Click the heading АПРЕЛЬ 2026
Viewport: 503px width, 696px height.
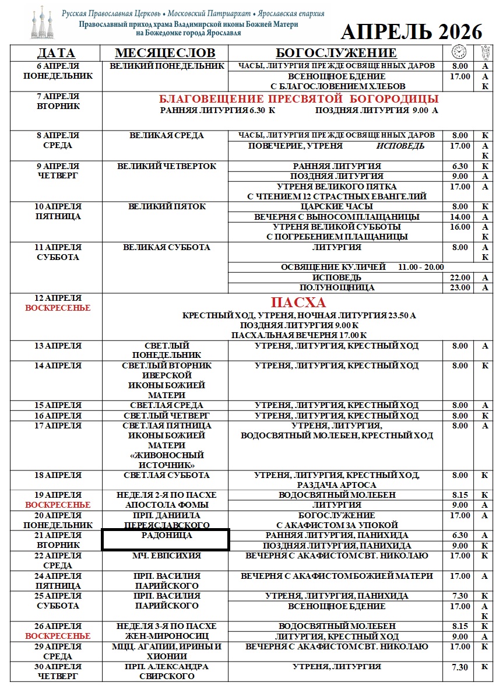coord(411,31)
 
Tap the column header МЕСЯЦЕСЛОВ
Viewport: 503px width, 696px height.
coord(165,53)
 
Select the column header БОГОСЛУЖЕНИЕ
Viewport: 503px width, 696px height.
coord(336,53)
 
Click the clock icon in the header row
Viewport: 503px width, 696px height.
coord(459,52)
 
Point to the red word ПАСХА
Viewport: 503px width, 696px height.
coord(298,303)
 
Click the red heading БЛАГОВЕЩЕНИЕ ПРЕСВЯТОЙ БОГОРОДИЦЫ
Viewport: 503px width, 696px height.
coord(298,99)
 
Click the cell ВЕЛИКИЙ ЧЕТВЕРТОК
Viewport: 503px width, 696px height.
coord(166,166)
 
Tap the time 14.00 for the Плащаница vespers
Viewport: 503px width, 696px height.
coord(460,217)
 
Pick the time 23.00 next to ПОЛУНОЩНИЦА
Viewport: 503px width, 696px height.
coord(460,287)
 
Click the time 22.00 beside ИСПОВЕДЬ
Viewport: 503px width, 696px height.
coord(460,277)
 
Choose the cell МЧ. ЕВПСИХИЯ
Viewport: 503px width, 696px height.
coord(166,556)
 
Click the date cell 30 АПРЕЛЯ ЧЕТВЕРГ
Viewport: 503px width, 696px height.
coord(58,672)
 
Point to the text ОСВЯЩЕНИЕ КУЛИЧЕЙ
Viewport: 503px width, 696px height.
coord(333,267)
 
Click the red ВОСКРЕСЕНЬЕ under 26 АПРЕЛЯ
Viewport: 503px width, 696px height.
coord(58,636)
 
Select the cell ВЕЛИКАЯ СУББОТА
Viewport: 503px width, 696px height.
coord(166,247)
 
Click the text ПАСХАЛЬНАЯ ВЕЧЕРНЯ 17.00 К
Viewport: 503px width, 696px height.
coord(298,335)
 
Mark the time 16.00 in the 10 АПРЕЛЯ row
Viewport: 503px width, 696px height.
coord(460,227)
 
